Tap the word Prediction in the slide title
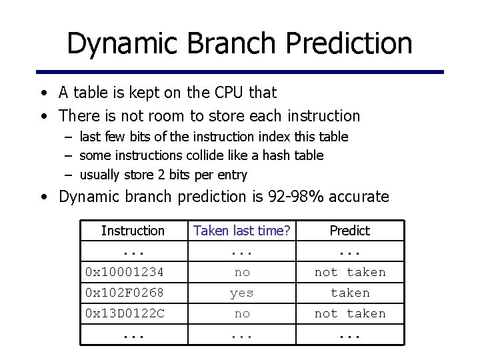coord(349,43)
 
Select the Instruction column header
coord(133,231)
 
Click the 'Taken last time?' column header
coord(241,231)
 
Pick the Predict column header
coord(349,231)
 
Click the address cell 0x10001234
coord(125,272)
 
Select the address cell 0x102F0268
coord(125,293)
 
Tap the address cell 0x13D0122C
coord(125,313)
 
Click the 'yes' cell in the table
coord(241,293)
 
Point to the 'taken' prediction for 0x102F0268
coord(350,293)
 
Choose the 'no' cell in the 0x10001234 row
coord(242,272)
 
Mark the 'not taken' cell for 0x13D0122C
coord(350,313)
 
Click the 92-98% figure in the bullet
coord(303,197)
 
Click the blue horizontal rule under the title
coord(240,72)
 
